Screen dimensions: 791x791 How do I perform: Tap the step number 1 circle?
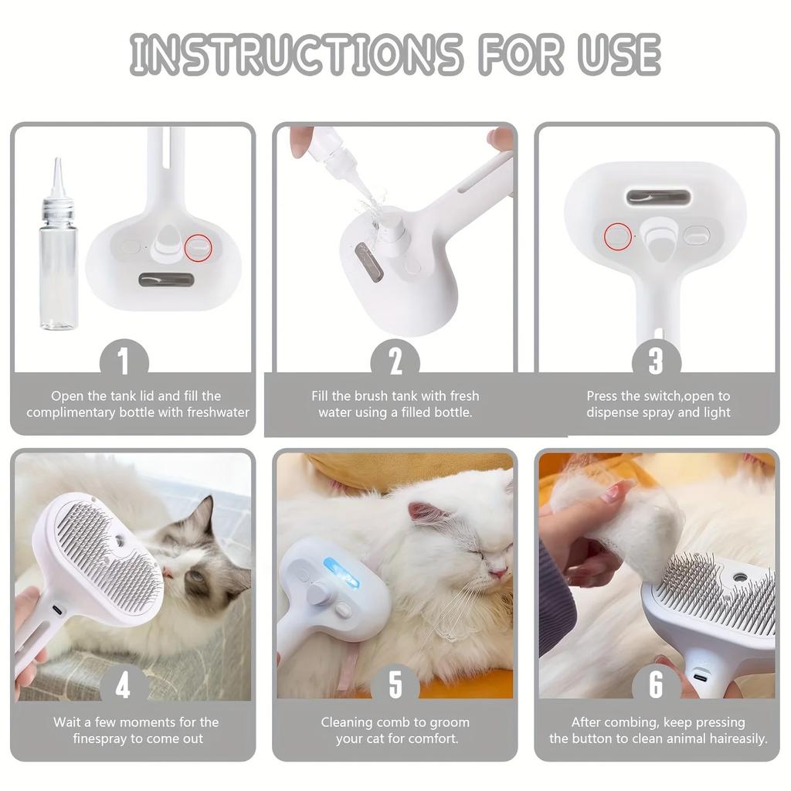click(x=124, y=361)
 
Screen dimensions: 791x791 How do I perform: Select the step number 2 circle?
click(x=395, y=361)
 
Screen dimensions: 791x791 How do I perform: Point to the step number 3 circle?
click(x=656, y=361)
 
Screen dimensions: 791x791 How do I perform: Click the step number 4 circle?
click(x=124, y=684)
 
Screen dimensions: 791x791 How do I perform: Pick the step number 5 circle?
click(x=395, y=684)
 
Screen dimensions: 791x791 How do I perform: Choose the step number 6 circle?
click(x=656, y=684)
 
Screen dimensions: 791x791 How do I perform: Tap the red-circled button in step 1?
click(x=199, y=247)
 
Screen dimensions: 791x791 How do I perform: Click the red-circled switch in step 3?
click(x=618, y=236)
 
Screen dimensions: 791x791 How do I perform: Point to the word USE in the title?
click(x=618, y=54)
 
